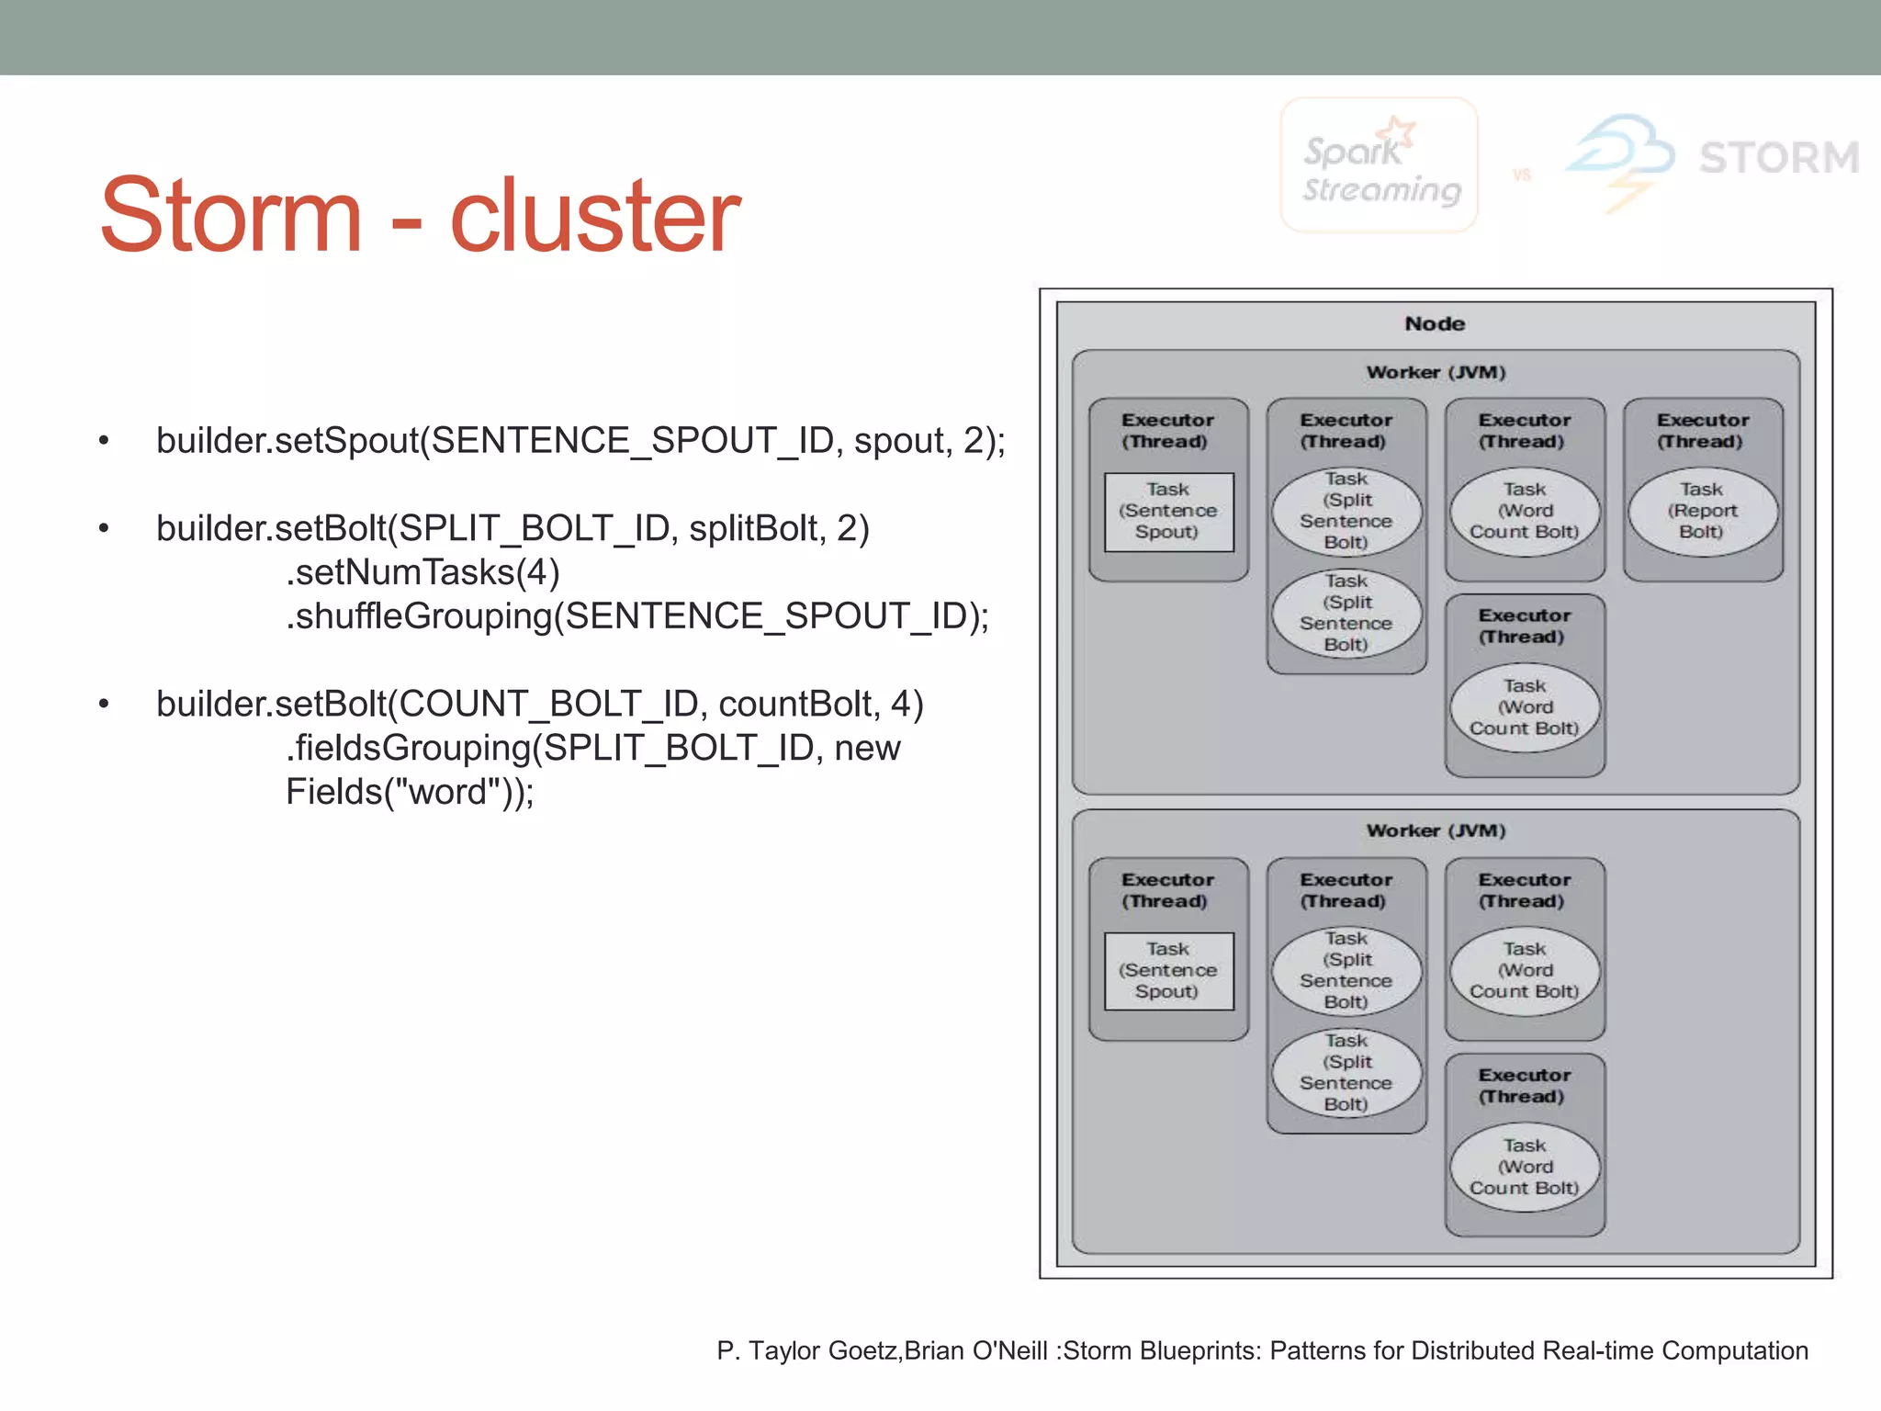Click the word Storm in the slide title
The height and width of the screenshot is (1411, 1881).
(231, 216)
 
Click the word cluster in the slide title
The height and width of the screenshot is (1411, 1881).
(594, 216)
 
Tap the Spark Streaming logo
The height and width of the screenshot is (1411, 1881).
(1380, 166)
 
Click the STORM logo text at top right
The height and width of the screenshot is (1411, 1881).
(1778, 158)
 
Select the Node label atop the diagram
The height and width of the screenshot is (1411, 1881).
(1435, 324)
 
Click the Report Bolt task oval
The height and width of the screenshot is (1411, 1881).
(1703, 512)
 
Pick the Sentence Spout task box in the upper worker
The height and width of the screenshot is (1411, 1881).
(1168, 512)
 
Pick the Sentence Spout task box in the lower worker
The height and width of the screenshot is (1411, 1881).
(1168, 971)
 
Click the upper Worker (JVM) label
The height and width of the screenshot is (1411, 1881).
(1436, 372)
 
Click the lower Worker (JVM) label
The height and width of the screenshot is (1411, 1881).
(1436, 830)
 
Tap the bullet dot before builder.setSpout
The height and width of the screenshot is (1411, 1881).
(104, 442)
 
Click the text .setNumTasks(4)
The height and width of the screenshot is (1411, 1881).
(422, 572)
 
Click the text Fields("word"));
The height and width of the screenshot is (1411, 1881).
(410, 792)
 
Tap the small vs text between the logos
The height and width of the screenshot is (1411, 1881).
(1522, 175)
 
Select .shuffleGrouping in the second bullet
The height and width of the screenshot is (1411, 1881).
(419, 616)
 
